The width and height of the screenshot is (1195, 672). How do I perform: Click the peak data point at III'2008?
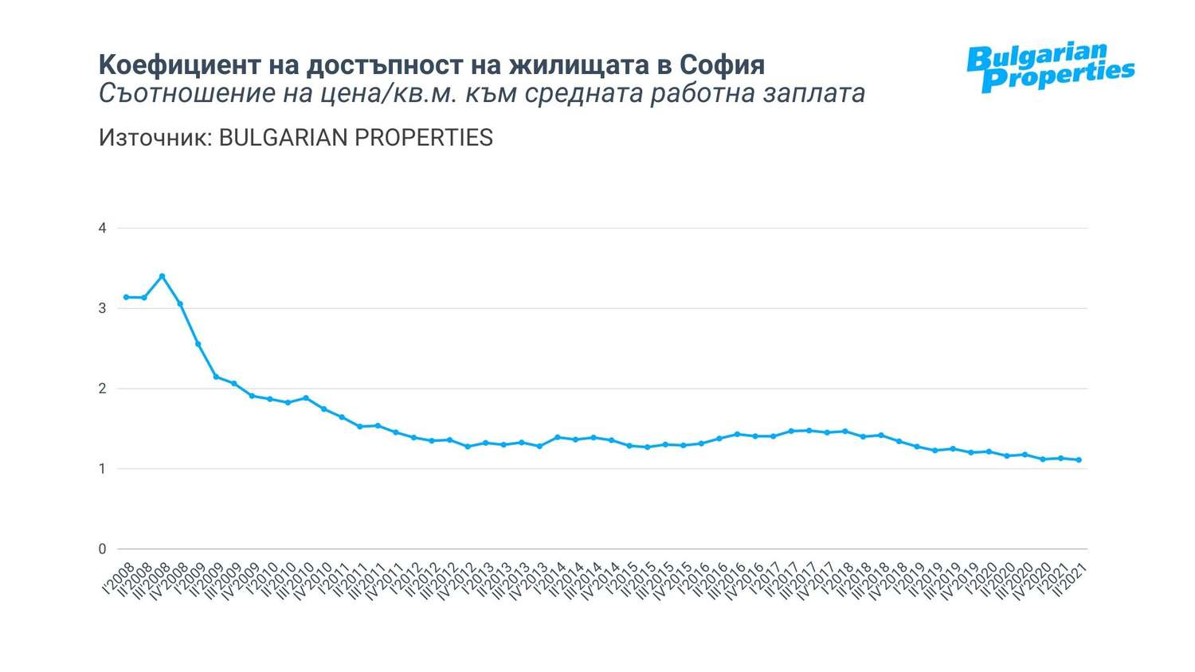pyautogui.click(x=162, y=276)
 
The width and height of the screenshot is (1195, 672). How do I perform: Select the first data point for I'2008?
pyautogui.click(x=126, y=297)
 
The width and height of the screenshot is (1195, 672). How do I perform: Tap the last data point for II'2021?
pyautogui.click(x=1079, y=460)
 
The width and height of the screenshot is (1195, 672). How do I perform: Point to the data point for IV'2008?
pyautogui.click(x=180, y=303)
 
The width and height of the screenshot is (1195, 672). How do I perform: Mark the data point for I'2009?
pyautogui.click(x=198, y=344)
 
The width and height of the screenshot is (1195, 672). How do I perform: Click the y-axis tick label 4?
pyautogui.click(x=102, y=229)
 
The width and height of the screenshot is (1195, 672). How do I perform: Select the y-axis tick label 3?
pyautogui.click(x=102, y=308)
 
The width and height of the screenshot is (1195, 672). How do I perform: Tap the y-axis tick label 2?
pyautogui.click(x=102, y=389)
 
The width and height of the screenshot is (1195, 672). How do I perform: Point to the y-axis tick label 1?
pyautogui.click(x=102, y=469)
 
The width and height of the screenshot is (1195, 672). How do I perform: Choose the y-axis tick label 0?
pyautogui.click(x=102, y=549)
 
